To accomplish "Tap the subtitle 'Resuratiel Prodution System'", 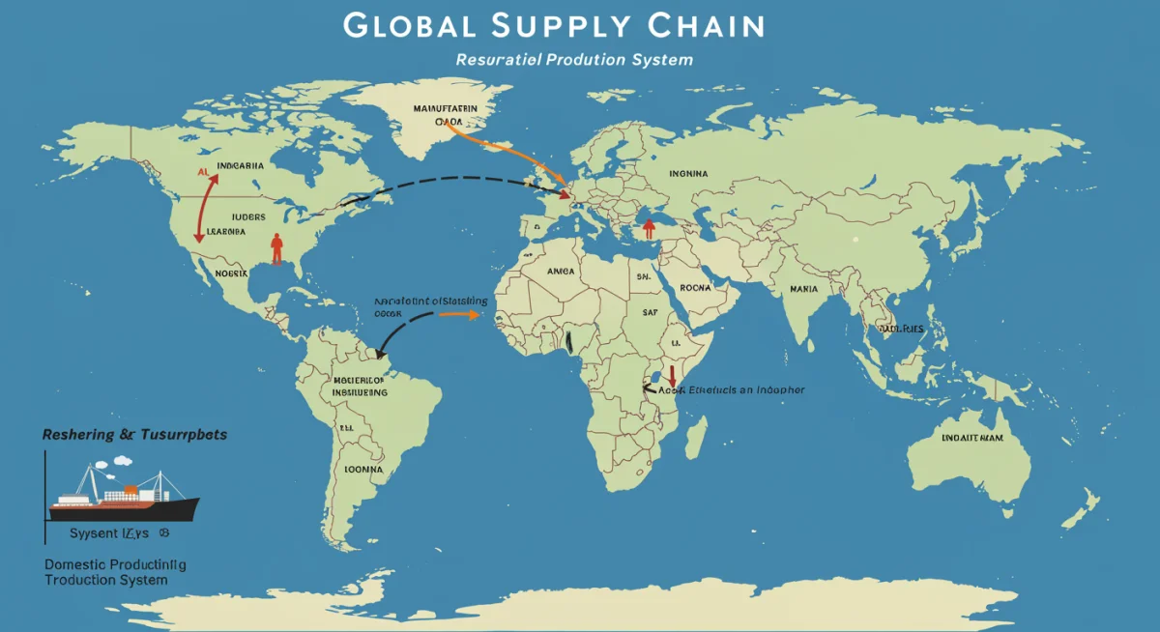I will (x=574, y=60).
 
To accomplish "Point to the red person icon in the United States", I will (x=277, y=247).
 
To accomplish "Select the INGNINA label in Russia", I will (x=688, y=174).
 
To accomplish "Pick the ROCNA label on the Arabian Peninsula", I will (x=695, y=287).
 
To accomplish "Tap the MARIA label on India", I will (x=803, y=288).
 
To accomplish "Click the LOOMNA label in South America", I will (x=363, y=469).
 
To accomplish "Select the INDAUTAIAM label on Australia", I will (x=972, y=438).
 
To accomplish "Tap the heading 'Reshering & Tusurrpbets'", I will (x=134, y=435).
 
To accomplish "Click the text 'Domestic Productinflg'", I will (x=115, y=563).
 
